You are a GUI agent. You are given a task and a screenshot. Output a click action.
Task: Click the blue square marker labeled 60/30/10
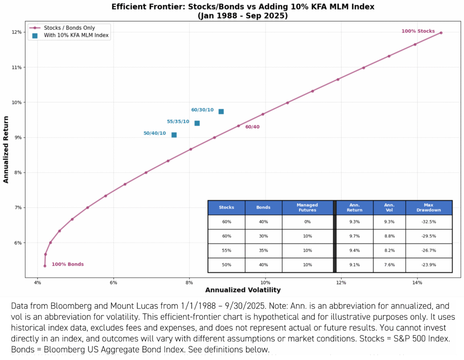[x=221, y=111]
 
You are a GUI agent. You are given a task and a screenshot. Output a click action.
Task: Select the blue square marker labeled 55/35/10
[x=197, y=123]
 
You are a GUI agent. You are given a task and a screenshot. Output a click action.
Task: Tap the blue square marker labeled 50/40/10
[x=174, y=135]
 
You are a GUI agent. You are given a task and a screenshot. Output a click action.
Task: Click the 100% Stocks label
[x=418, y=31]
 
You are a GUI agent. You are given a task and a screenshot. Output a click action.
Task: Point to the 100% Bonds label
[x=68, y=264]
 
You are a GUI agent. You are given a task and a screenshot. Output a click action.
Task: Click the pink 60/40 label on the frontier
[x=252, y=127]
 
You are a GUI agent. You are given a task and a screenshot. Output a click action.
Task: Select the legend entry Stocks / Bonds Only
[x=69, y=28]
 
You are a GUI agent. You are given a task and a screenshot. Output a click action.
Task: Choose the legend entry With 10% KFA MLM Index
[x=76, y=36]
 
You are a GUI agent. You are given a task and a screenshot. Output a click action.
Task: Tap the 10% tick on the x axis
[x=266, y=283]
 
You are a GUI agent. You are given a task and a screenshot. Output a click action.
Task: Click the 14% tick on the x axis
[x=417, y=283]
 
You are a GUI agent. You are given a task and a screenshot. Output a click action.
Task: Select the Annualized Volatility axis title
[x=243, y=290]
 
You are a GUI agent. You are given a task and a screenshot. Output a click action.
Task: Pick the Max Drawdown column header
[x=429, y=207]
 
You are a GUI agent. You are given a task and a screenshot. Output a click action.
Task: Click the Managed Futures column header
[x=307, y=207]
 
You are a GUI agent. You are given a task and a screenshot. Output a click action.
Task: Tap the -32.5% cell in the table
[x=429, y=222]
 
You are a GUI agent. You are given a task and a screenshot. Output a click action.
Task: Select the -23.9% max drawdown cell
[x=429, y=265]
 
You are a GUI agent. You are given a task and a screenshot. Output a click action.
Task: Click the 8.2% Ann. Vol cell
[x=389, y=250]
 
